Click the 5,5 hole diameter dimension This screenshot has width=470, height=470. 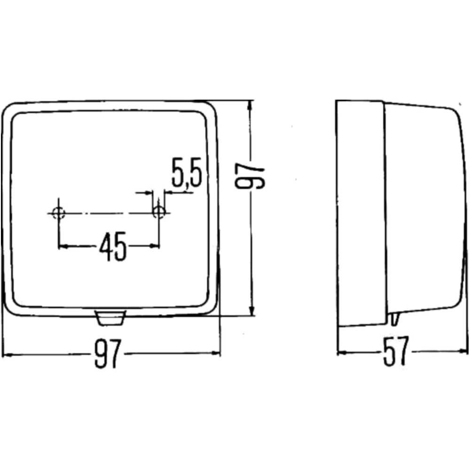pyautogui.click(x=187, y=172)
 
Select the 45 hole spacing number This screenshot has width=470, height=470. pyautogui.click(x=113, y=246)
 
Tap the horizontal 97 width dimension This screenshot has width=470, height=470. pyautogui.click(x=108, y=354)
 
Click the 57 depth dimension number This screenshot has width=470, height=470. pyautogui.click(x=396, y=352)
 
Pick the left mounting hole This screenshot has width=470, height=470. pyautogui.click(x=58, y=213)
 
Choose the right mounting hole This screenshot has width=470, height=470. pyautogui.click(x=159, y=212)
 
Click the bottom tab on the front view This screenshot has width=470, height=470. pyautogui.click(x=110, y=318)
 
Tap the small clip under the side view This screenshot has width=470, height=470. pyautogui.click(x=395, y=318)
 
